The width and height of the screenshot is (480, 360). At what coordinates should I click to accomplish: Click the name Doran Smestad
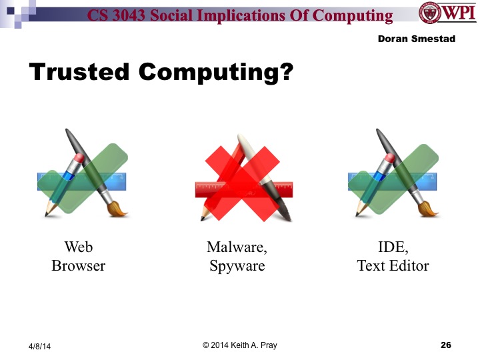pos(416,39)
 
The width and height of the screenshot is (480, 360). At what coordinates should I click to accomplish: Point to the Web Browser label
pos(79,257)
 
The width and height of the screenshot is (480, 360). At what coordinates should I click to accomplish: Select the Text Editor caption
pos(393,266)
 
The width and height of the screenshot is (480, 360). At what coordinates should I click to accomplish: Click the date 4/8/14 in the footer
pos(39,347)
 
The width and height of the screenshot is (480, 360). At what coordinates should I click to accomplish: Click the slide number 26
pos(446,345)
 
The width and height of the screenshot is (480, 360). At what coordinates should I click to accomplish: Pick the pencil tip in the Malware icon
pos(200,217)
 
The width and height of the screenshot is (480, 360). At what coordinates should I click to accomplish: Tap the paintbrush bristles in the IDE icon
pos(431,211)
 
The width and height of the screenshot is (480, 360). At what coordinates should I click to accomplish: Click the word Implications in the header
pos(240,15)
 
